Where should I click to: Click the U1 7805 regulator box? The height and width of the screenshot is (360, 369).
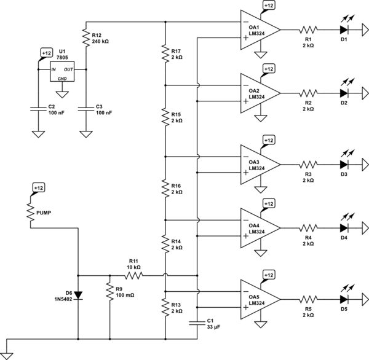(62, 71)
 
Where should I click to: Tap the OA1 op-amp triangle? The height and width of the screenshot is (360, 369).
(259, 29)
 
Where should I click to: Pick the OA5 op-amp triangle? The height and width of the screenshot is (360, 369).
(259, 299)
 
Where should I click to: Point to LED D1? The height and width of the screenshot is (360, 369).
(345, 29)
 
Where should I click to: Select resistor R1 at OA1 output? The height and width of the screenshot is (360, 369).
(308, 29)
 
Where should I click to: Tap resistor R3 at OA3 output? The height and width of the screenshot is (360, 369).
(308, 164)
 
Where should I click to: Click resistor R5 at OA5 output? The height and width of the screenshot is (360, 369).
(308, 299)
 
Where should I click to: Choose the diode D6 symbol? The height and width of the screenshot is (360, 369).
(79, 295)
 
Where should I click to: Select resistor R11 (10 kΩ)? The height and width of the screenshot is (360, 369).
(135, 276)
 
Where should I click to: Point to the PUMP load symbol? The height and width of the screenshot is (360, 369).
(30, 212)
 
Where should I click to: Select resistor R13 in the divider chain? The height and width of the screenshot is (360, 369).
(166, 305)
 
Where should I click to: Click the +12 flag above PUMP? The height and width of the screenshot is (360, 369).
(38, 187)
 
